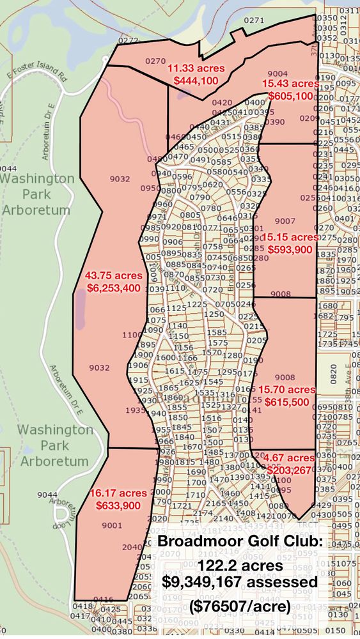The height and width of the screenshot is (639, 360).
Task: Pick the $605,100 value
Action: (290, 96)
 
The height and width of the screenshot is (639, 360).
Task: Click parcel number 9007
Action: (285, 221)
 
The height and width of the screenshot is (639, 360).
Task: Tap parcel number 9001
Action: (111, 525)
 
